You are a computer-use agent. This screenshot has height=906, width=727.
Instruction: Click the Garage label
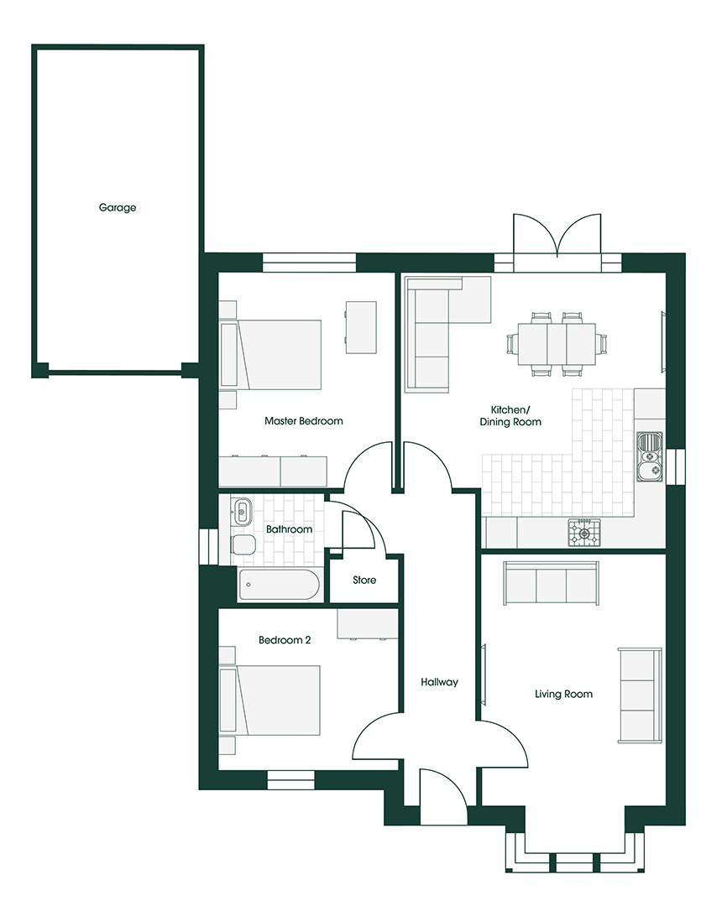[x=118, y=207]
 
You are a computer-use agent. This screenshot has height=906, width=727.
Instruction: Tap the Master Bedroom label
[x=304, y=421]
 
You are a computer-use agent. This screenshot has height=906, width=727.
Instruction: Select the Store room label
[x=364, y=581]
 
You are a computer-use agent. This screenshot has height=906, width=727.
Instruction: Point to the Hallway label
[x=440, y=682]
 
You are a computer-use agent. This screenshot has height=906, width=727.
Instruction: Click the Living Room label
[x=564, y=694]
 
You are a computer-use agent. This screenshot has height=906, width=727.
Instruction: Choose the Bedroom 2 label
[x=285, y=640]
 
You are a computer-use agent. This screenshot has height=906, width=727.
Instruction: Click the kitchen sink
[x=650, y=457]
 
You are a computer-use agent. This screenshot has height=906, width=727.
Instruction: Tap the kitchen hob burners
[x=584, y=533]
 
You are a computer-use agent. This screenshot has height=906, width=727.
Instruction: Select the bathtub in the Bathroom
[x=279, y=584]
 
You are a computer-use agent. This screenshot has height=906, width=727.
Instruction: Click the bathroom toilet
[x=243, y=544]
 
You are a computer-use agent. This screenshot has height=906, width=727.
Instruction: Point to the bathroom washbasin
[x=242, y=511]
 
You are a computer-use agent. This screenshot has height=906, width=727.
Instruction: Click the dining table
[x=557, y=344]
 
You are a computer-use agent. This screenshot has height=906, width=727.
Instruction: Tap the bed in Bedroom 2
[x=270, y=700]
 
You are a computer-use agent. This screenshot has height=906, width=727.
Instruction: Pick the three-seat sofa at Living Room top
[x=552, y=583]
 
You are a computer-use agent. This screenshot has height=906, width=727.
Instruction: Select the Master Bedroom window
[x=310, y=263]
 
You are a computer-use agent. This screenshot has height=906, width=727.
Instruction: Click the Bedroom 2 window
[x=291, y=780]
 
